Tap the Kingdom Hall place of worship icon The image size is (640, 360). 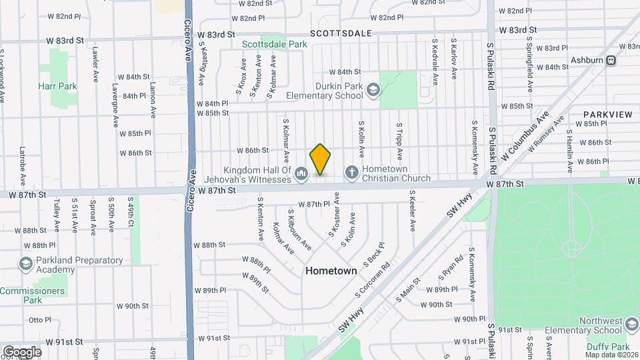click(301, 174)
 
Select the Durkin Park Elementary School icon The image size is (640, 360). click(372, 89)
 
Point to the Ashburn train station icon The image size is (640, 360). click(611, 60)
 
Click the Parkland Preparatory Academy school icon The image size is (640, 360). click(26, 265)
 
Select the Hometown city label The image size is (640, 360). click(331, 271)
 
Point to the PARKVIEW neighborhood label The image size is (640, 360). click(607, 115)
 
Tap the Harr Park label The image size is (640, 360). click(57, 86)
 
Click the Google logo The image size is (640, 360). click(22, 351)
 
